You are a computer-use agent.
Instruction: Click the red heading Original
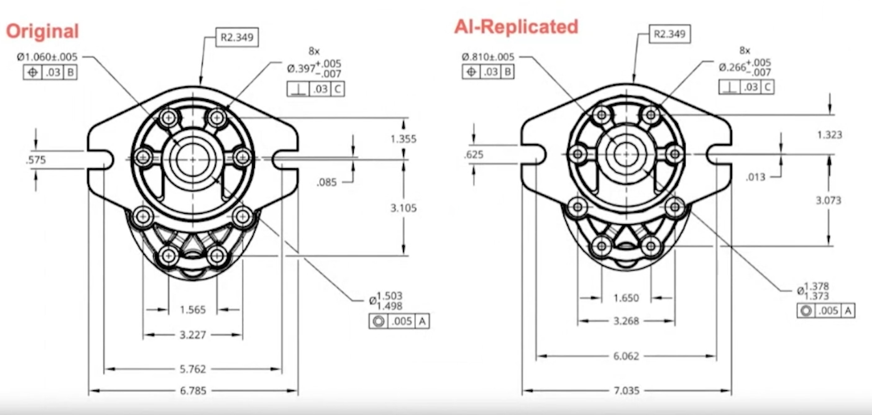(42, 31)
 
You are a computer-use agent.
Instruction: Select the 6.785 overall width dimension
(193, 391)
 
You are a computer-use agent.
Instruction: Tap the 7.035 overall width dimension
(627, 391)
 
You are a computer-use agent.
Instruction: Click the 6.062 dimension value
(626, 356)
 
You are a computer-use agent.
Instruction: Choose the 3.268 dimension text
(626, 321)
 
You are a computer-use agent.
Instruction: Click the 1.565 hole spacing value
(193, 310)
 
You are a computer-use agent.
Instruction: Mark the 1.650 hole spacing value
(626, 298)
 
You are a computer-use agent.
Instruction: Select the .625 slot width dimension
(474, 155)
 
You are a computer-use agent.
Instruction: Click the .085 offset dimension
(327, 183)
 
